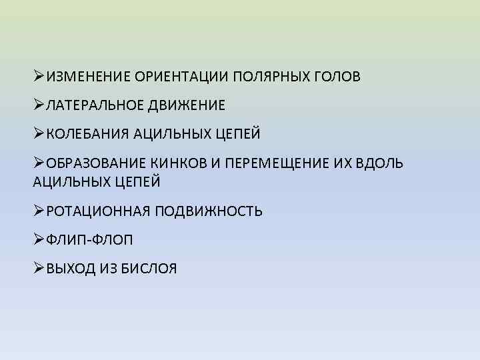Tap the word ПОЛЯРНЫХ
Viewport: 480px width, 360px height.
click(271, 77)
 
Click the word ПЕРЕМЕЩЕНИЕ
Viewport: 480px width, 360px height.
click(283, 163)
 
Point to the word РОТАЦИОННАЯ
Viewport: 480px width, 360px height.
click(95, 212)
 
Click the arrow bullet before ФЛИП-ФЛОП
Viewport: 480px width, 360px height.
click(39, 240)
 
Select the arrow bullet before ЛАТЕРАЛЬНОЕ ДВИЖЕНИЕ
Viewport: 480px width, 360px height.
click(39, 105)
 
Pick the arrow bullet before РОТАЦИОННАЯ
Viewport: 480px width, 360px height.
click(39, 211)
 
